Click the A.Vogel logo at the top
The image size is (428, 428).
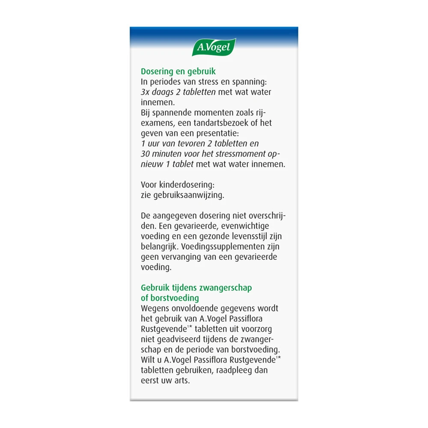click(x=214, y=48)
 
